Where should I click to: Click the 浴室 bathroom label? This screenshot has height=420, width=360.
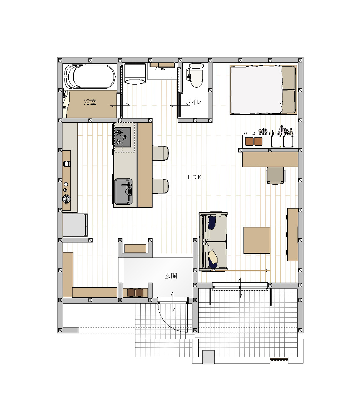pyautogui.click(x=90, y=102)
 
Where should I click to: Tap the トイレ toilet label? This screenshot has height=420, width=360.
pyautogui.click(x=193, y=102)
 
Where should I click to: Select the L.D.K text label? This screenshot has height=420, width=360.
pyautogui.click(x=194, y=177)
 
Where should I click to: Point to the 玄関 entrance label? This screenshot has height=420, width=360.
pyautogui.click(x=171, y=276)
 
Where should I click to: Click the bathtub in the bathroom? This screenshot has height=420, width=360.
pyautogui.click(x=90, y=77)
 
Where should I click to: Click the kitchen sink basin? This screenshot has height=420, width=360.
pyautogui.click(x=124, y=192)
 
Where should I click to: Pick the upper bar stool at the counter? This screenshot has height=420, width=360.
pyautogui.click(x=161, y=153)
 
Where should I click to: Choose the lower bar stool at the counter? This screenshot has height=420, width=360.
pyautogui.click(x=161, y=186)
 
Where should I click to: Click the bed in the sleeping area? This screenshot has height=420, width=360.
pyautogui.click(x=263, y=90)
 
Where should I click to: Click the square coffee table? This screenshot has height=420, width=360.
pyautogui.click(x=257, y=240)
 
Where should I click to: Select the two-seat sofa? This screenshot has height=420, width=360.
pyautogui.click(x=213, y=241)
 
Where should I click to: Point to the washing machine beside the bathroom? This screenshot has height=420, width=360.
pyautogui.click(x=135, y=74)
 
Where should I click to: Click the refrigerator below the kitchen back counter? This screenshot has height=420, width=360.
pyautogui.click(x=75, y=225)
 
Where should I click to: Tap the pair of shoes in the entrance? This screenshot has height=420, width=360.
pyautogui.click(x=135, y=293)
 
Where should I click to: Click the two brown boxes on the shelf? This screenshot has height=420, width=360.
pyautogui.click(x=254, y=142)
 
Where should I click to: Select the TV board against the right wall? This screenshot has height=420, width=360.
pyautogui.click(x=293, y=234)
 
